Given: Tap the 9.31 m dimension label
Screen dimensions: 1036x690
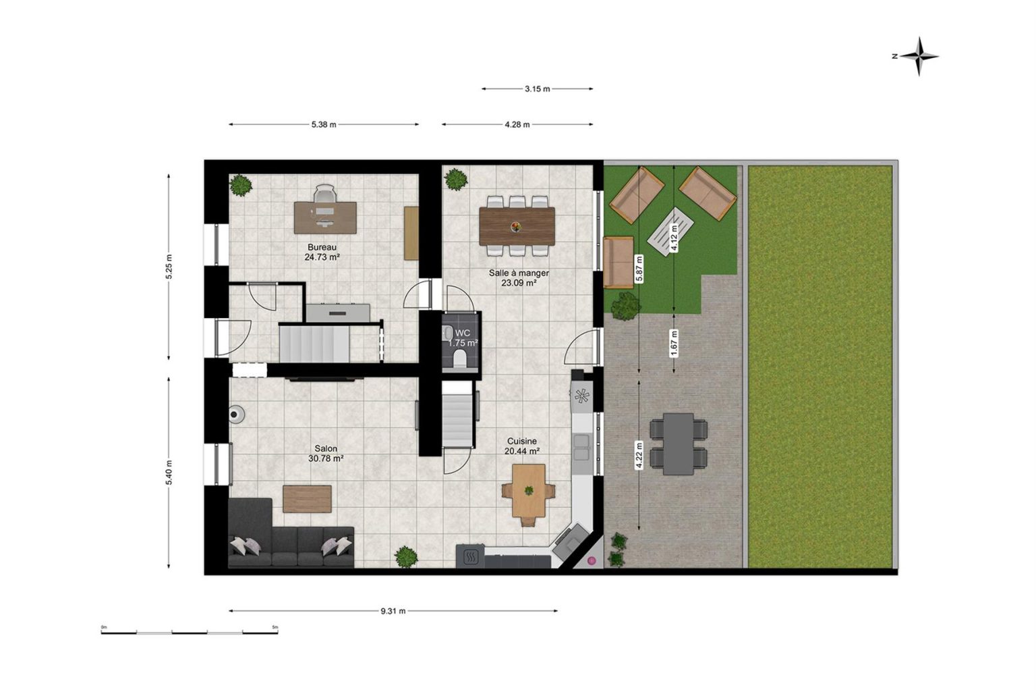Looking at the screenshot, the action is coord(393,611).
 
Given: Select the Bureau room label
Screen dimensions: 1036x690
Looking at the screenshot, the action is coord(322,247).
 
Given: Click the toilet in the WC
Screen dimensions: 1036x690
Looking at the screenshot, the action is coord(460,358).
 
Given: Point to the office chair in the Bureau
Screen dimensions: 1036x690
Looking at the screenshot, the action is coord(324,193).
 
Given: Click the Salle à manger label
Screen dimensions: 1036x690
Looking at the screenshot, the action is coord(519,273).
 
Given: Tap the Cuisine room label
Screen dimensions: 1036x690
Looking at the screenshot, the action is coord(522,442).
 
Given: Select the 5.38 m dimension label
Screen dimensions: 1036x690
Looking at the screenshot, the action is coord(324,125).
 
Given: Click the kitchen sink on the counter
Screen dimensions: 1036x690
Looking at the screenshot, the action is coord(581,447).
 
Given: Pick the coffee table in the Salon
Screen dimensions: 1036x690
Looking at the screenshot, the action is coord(307,499).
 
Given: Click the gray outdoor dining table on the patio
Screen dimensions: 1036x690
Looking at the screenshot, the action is coord(679,444).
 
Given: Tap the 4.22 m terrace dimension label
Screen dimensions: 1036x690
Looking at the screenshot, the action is coord(639,456).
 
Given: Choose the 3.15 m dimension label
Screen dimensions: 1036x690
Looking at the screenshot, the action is coord(538,89).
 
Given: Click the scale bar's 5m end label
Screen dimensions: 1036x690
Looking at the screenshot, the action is coord(275,627).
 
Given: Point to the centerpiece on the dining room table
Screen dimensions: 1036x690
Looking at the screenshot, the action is coord(516,226).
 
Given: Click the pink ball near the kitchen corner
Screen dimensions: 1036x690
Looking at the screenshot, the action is coord(592,561).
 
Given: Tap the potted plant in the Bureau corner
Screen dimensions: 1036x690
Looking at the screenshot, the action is coord(241,185).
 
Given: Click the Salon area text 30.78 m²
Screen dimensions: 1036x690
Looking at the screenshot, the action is coord(326,458).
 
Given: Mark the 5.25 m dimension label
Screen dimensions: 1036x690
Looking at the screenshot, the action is coord(169,267).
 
